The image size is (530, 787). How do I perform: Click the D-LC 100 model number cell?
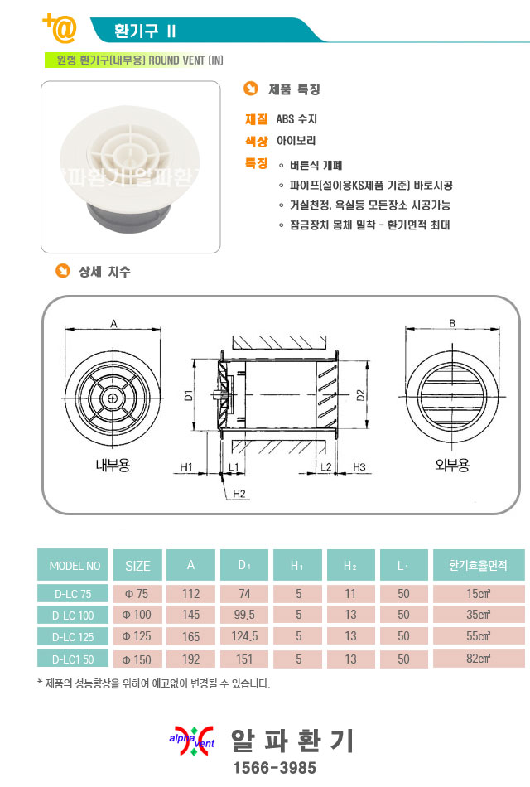(72, 615)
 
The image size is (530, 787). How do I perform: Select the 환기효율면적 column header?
(478, 565)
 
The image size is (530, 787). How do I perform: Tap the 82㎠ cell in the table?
(478, 659)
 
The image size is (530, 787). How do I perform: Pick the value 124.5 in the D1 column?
(244, 636)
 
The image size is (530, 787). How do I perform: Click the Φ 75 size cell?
(137, 594)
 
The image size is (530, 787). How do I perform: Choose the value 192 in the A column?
(190, 659)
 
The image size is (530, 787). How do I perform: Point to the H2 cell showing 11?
(350, 594)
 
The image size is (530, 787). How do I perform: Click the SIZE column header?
(137, 565)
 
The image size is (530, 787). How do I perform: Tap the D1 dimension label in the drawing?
(188, 395)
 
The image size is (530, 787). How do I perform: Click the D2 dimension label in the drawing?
(360, 395)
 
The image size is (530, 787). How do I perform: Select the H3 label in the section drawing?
(359, 466)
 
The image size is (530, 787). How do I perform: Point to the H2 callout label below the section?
(239, 494)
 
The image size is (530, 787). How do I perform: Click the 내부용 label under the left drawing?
(113, 465)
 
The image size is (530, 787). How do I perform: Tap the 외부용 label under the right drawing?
(452, 465)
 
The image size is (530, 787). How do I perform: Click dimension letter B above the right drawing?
(452, 323)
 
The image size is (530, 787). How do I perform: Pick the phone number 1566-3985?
(275, 767)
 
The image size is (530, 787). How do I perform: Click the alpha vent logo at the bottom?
(192, 741)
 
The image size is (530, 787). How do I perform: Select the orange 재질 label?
(256, 119)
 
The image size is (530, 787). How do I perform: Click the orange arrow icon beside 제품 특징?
(250, 89)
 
